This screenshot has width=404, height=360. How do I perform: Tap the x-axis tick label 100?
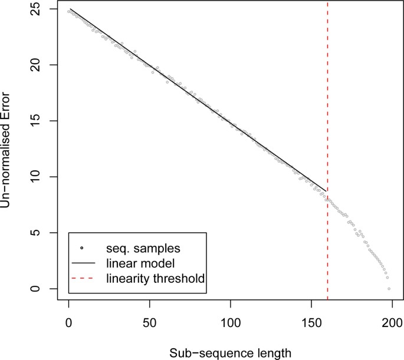tap(230, 322)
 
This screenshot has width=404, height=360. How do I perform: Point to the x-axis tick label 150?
tap(311, 322)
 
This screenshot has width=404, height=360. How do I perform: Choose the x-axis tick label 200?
tap(392, 322)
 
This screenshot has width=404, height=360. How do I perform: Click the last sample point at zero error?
tap(389, 289)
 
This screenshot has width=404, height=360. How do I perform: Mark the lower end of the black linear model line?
tap(327, 189)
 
